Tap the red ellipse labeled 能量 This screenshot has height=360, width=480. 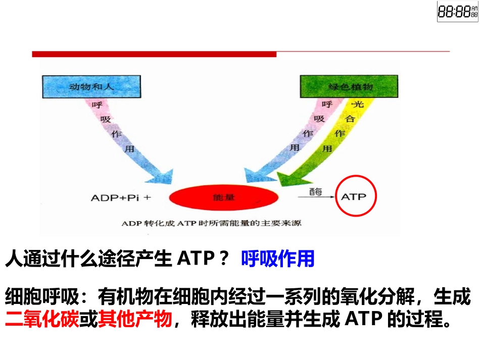pos(224,198)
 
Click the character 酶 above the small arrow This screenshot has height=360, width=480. pos(316,191)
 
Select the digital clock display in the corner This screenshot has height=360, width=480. pos(457,12)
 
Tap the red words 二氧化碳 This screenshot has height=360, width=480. pos(42,320)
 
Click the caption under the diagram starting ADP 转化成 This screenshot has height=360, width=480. pos(212,223)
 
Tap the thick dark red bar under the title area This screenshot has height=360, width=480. pos(154,54)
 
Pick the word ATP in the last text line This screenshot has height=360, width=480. pos(364,320)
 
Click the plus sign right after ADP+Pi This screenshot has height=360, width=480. pos(147,197)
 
